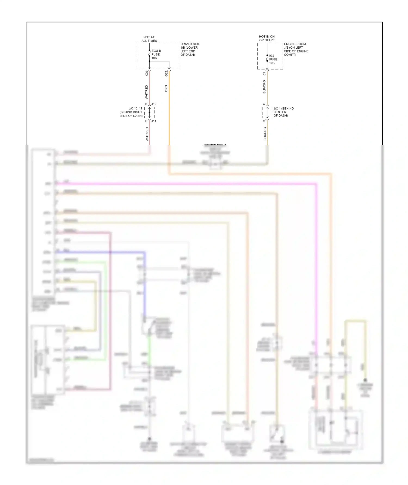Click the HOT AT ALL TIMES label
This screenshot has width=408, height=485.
point(149,39)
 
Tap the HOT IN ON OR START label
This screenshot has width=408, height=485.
point(267,38)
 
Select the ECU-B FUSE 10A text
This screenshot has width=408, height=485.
point(156,54)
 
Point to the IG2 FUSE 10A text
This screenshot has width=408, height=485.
point(273,59)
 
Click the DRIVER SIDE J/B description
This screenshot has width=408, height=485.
point(190,49)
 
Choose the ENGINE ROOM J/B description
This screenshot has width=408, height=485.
point(296,49)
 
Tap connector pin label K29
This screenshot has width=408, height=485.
point(147,73)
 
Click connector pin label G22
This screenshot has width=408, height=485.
point(166,73)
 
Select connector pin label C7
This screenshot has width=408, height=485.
point(264,74)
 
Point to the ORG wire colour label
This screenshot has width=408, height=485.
point(166,89)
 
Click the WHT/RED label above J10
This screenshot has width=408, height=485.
point(147,92)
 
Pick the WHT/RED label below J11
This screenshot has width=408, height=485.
point(147,134)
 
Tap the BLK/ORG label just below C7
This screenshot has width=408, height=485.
point(264,87)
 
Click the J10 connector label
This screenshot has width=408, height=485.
point(154,104)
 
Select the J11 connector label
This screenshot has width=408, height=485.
point(154,121)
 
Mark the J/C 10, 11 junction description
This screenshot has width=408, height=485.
point(131,112)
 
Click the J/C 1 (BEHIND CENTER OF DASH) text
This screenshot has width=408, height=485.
point(283,112)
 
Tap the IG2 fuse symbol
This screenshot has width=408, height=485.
point(267,58)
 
